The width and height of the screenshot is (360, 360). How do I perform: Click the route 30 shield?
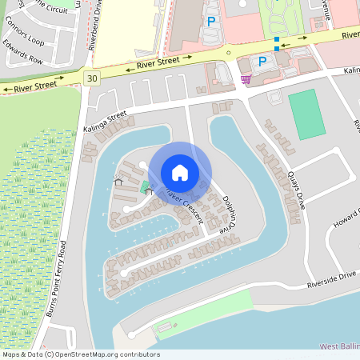click(x=94, y=78)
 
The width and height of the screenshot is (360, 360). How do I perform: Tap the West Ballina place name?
click(x=338, y=346)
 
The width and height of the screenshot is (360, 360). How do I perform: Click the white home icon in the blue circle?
click(x=180, y=172)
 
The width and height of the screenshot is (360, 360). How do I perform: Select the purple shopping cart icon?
click(x=245, y=78)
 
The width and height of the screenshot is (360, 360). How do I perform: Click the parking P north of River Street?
click(x=211, y=22)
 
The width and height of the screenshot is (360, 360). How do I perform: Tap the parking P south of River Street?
click(x=261, y=61)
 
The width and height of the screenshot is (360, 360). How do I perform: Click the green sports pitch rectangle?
click(x=302, y=115)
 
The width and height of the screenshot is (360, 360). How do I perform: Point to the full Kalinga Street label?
click(x=105, y=120)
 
